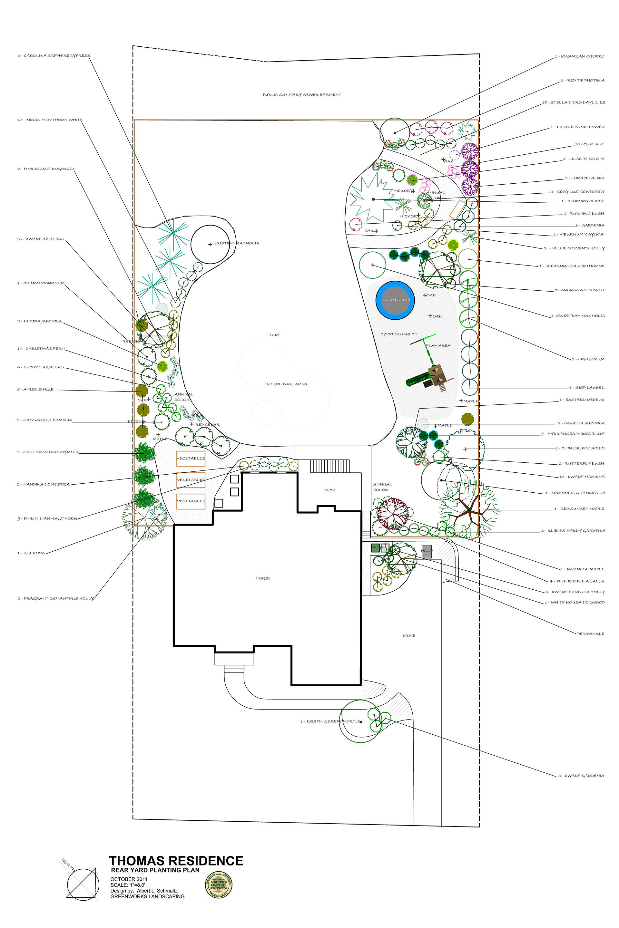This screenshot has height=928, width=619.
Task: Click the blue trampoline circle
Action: tap(395, 300)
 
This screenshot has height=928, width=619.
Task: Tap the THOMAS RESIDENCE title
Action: tap(176, 861)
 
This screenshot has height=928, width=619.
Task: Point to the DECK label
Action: tap(329, 490)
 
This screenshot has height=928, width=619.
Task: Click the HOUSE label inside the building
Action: tap(263, 578)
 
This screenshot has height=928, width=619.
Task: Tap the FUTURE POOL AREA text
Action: tap(285, 384)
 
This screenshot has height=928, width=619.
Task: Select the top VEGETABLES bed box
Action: tap(191, 459)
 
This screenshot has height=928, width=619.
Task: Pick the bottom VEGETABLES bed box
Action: tap(191, 501)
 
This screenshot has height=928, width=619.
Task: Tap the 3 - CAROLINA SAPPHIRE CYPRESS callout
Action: tap(54, 56)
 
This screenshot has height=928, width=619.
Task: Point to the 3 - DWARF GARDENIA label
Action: tap(581, 775)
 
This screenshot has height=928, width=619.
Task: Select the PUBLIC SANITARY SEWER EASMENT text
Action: tap(302, 95)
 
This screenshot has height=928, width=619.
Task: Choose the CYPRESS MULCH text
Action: tap(399, 334)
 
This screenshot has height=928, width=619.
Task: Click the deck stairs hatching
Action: tap(329, 466)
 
